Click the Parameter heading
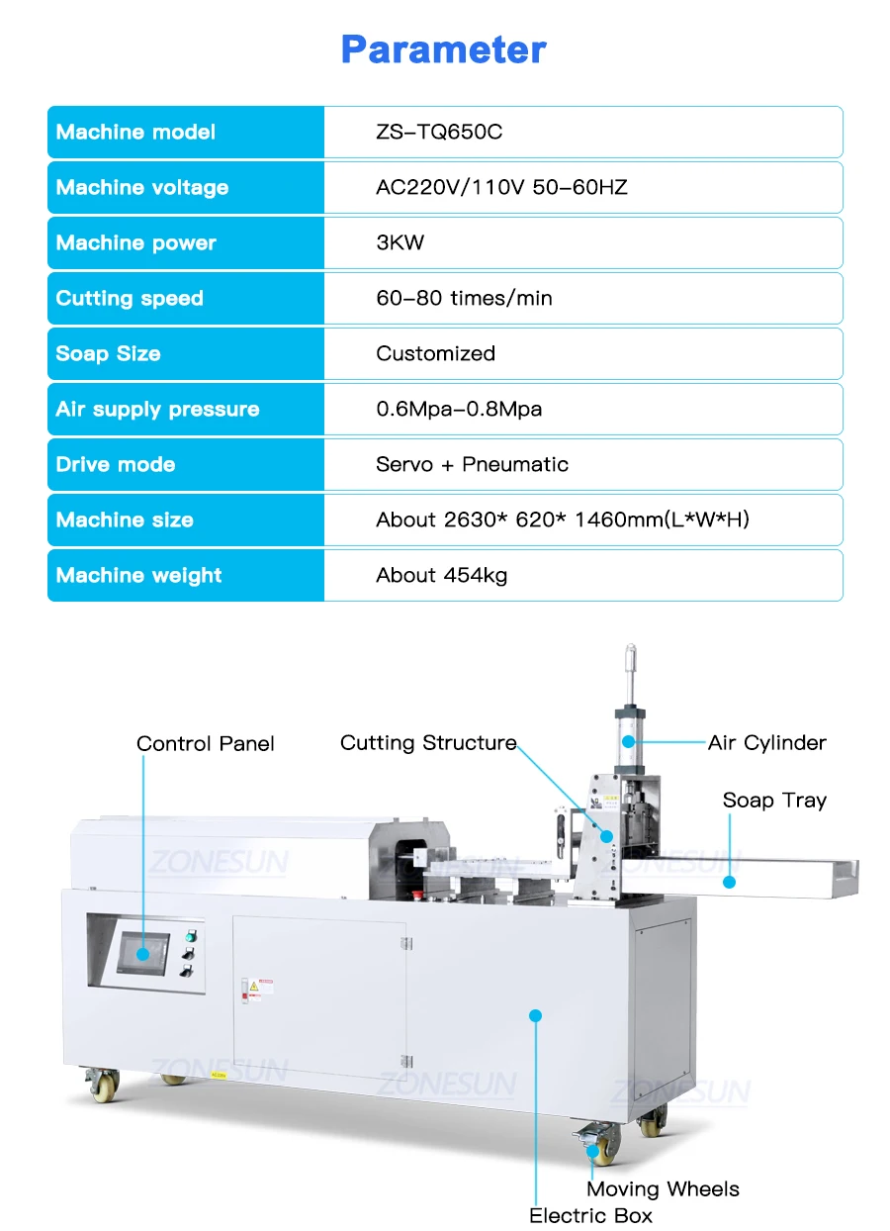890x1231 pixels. click(443, 49)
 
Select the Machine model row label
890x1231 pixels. click(135, 133)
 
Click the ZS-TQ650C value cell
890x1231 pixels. click(439, 133)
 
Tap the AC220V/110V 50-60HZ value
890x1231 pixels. click(501, 188)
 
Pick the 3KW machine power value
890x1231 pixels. click(400, 243)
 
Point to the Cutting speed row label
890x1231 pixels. click(130, 299)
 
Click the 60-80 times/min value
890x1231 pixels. click(464, 299)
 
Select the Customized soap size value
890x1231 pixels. click(435, 354)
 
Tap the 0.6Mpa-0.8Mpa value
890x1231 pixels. click(459, 410)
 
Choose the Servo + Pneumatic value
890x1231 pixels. click(472, 465)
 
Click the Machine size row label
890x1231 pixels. click(125, 521)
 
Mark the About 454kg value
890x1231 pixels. click(441, 576)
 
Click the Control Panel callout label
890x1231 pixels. click(206, 744)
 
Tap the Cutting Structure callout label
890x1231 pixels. click(428, 743)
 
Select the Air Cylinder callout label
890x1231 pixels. click(766, 743)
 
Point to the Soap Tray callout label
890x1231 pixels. click(774, 801)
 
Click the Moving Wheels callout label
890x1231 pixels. click(663, 1189)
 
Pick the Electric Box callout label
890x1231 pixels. click(590, 1216)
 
